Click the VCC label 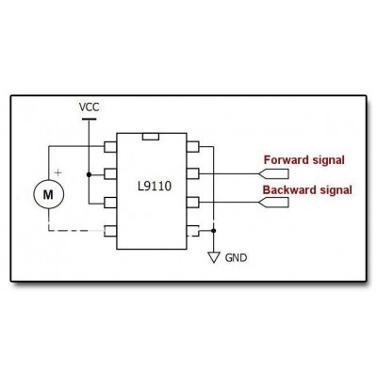[89, 107]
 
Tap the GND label [236, 258]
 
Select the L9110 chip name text [155, 187]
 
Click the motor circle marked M [49, 194]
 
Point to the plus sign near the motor [57, 172]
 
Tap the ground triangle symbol [214, 257]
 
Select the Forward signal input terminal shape [273, 173]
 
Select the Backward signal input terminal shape [273, 203]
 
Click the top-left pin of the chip [110, 147]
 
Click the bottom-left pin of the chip [110, 231]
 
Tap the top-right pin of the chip [193, 147]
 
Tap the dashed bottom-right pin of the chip [193, 231]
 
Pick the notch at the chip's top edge [151, 137]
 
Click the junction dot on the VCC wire [89, 174]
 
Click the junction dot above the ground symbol [214, 231]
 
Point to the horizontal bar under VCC [89, 119]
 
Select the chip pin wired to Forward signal [193, 173]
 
